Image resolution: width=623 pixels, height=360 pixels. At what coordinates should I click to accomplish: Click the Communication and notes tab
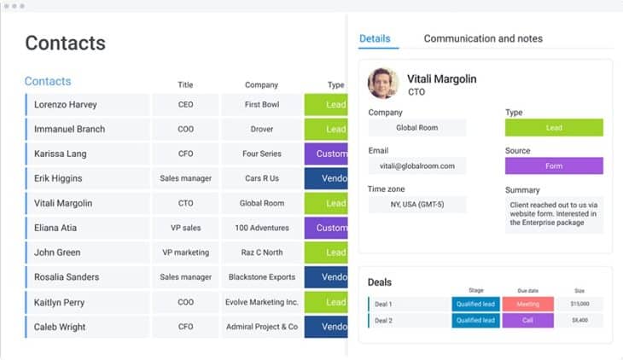pos(483,38)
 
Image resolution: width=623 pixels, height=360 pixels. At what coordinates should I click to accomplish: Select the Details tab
pos(375,38)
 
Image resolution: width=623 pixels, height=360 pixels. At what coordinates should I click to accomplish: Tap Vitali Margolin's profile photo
pos(383,84)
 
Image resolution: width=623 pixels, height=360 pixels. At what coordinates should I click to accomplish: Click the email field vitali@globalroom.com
pos(417,165)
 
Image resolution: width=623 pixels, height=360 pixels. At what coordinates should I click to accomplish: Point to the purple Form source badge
pos(554,165)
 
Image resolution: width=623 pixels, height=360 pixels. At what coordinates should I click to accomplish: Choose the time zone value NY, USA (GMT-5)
pos(417,205)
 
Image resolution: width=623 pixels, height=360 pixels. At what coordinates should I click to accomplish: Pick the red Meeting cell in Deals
pos(527,304)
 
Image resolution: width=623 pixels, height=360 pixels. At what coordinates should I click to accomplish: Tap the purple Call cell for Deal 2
pos(527,321)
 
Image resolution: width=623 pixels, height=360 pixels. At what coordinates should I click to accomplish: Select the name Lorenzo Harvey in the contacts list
pos(66,105)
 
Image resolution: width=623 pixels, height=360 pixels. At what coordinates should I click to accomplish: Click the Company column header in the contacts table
pos(261,84)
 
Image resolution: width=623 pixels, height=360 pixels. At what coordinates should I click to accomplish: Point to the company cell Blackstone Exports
pos(261,277)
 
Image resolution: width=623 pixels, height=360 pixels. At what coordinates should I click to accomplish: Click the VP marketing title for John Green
pos(185,253)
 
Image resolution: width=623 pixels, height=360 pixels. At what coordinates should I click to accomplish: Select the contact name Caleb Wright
pos(61,327)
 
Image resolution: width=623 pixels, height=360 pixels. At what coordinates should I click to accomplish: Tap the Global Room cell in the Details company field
pos(417,128)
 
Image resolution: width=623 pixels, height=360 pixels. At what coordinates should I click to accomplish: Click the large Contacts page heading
pos(65,43)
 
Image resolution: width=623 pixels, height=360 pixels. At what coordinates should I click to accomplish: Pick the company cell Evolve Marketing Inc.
pos(261,302)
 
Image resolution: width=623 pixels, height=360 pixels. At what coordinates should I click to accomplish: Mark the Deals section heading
pos(380,282)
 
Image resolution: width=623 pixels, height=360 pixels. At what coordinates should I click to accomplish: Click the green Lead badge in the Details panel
pos(554,128)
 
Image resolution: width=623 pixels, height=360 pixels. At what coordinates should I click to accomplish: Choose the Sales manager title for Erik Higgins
pos(185,179)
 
